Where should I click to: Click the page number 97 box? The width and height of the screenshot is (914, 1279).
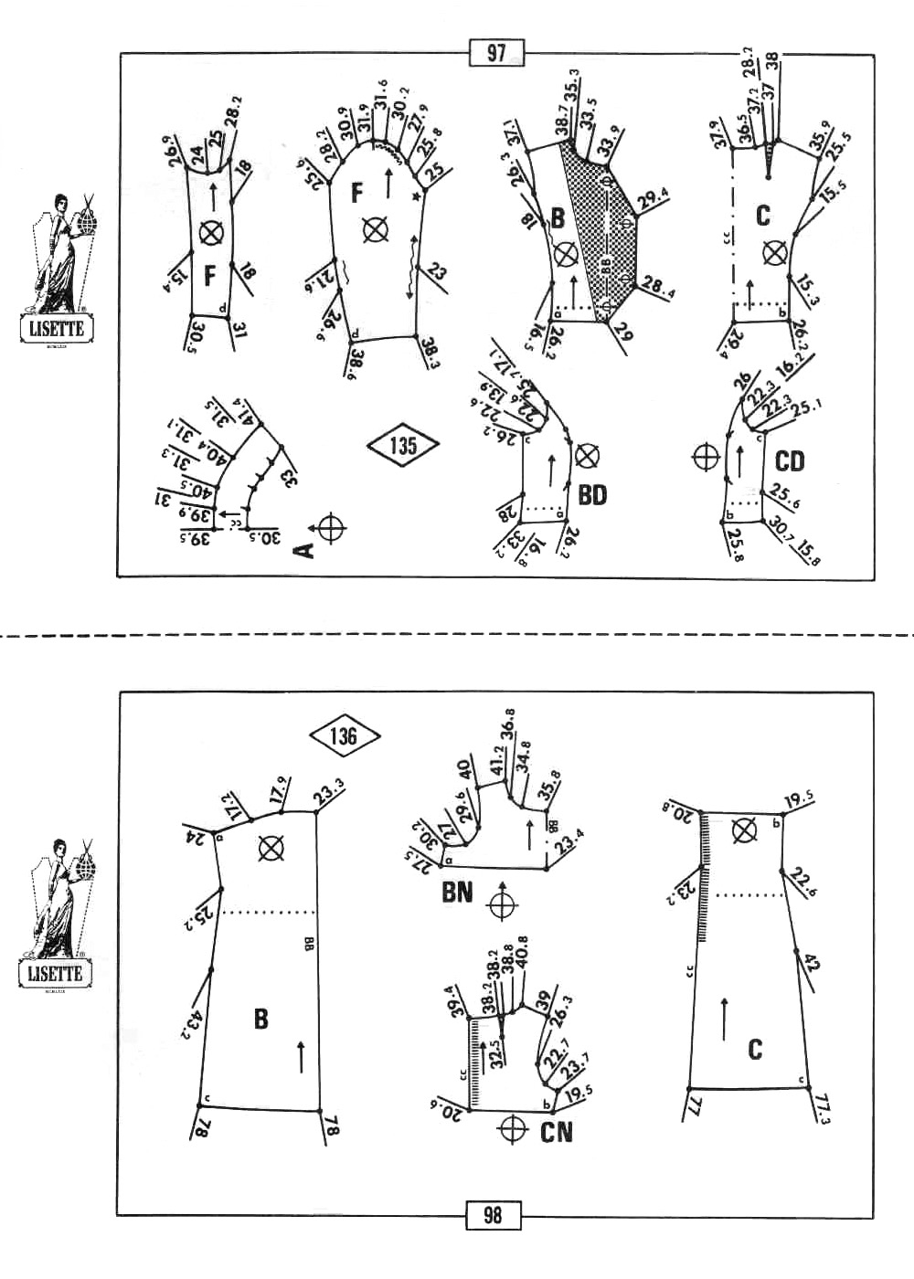[x=496, y=53]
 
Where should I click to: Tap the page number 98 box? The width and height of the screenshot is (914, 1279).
[x=493, y=1215]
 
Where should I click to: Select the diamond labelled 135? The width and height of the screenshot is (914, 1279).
[x=403, y=445]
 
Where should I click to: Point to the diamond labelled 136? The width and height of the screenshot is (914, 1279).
[x=344, y=735]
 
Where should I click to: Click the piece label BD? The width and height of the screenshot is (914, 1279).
[x=592, y=495]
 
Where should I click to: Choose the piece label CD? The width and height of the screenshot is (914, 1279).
[x=789, y=461]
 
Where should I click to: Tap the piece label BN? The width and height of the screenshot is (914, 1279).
[x=457, y=891]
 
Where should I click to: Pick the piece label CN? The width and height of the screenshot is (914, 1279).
[x=556, y=1132]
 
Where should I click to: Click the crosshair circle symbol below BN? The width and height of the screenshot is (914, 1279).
[x=501, y=905]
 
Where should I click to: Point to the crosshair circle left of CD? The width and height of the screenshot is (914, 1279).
[x=706, y=456]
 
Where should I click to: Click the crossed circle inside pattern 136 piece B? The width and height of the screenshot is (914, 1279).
[x=271, y=849]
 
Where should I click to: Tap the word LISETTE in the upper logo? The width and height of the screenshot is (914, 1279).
[x=56, y=329]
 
